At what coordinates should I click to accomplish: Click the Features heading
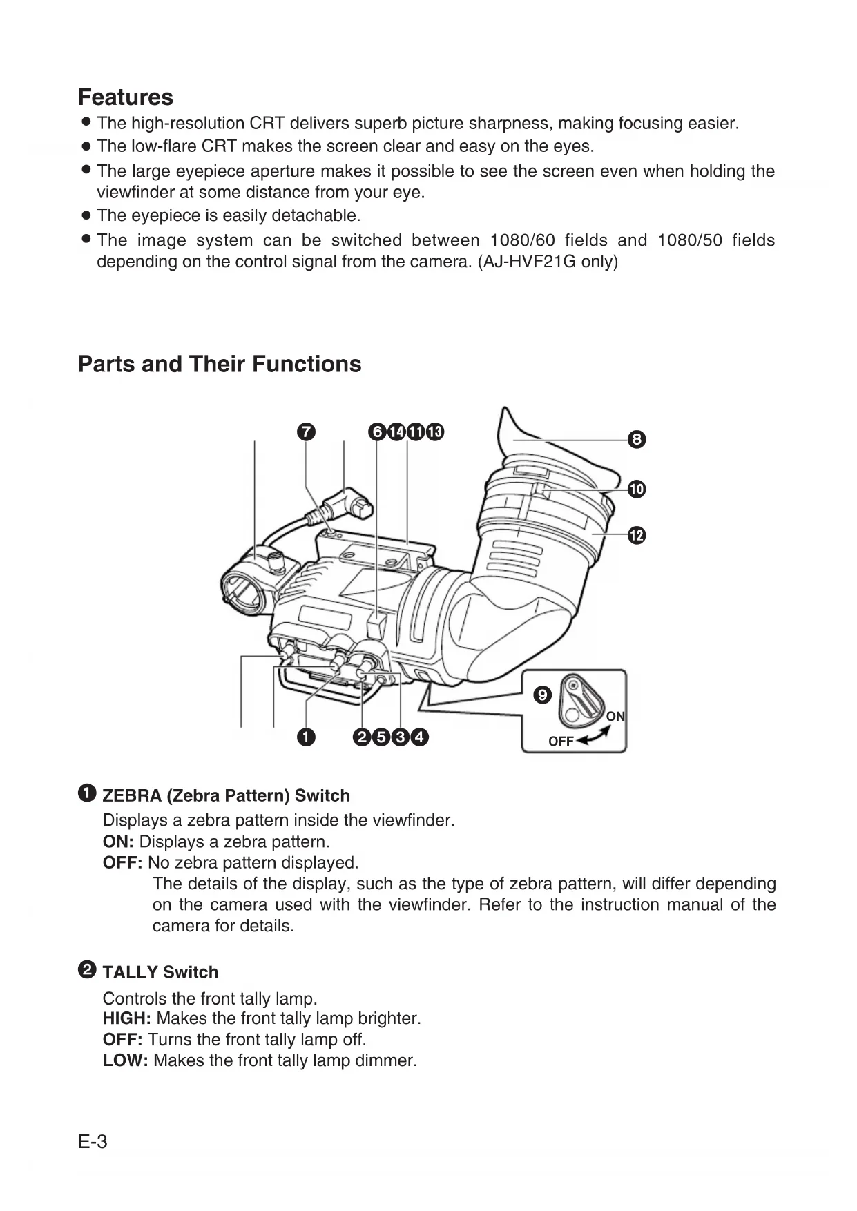click(x=126, y=97)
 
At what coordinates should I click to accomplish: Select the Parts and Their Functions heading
click(x=220, y=364)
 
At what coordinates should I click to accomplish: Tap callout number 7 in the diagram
click(x=305, y=432)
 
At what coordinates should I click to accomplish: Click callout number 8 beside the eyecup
click(x=637, y=439)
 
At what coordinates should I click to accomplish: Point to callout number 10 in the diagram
click(x=637, y=490)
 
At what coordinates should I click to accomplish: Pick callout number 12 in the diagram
click(x=637, y=535)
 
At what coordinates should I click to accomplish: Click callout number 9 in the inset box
click(x=543, y=695)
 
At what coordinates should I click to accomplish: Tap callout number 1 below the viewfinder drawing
click(x=305, y=737)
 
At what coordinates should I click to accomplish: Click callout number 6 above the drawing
click(x=377, y=432)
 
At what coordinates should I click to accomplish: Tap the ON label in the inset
click(x=615, y=717)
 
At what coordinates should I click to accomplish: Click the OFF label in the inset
click(x=561, y=742)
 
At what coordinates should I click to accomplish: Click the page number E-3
click(x=93, y=1143)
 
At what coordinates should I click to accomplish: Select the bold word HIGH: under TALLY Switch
click(x=127, y=1018)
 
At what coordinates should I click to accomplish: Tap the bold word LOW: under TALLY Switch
click(x=126, y=1060)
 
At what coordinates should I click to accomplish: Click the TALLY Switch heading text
click(x=160, y=972)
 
